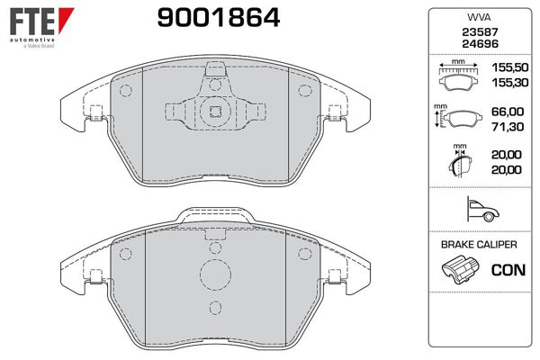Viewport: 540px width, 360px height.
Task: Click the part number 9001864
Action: (219, 18)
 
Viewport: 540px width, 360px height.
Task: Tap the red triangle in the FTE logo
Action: (65, 18)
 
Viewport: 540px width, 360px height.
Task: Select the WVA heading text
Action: (480, 18)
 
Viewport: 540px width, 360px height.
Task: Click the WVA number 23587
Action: (480, 32)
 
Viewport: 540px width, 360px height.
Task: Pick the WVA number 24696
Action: (480, 44)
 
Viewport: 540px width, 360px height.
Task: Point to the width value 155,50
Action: (510, 67)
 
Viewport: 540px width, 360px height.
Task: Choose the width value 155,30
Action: (510, 83)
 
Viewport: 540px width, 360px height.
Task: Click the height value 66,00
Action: (508, 112)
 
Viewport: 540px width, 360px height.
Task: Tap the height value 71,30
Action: (508, 127)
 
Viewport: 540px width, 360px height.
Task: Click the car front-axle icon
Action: (482, 209)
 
